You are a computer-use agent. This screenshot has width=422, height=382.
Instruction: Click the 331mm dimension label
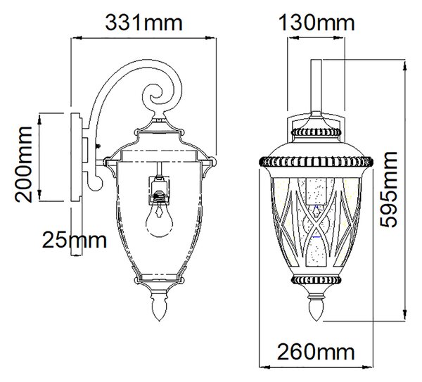tap(143, 23)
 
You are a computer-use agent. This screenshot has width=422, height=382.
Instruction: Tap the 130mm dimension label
tap(316, 23)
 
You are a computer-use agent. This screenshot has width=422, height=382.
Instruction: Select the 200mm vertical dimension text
tap(24, 164)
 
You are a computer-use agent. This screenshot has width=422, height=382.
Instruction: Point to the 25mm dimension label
tap(75, 240)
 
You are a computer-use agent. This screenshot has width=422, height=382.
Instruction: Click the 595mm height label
tap(388, 189)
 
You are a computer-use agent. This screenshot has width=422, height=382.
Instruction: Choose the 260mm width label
tap(316, 352)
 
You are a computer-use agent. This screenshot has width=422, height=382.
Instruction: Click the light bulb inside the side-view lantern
tap(160, 219)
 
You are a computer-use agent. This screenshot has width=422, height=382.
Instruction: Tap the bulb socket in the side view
tap(160, 190)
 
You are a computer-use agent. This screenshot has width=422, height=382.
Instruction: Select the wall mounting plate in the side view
tap(76, 157)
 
